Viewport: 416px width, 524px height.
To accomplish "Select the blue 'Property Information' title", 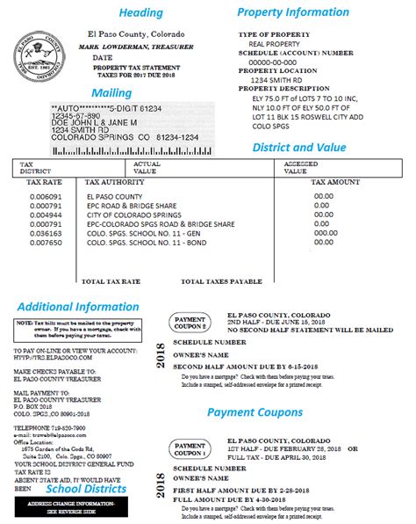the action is (292, 12).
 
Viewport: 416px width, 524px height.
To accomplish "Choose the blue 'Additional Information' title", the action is (77, 306).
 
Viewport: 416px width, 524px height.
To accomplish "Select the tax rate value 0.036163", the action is (45, 235).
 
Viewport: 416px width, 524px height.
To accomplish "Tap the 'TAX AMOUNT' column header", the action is (335, 182).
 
